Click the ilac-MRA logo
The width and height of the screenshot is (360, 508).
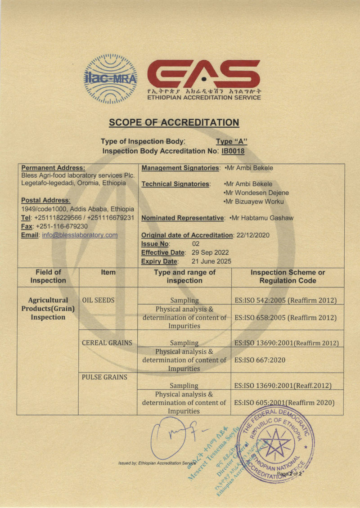click(x=111, y=79)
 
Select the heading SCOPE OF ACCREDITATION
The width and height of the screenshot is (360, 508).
click(x=174, y=122)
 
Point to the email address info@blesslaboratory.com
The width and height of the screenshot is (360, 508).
click(x=80, y=235)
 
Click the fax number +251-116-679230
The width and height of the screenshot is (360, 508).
click(x=63, y=226)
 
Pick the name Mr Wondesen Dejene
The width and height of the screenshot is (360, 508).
click(x=256, y=193)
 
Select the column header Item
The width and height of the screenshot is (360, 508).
click(x=108, y=272)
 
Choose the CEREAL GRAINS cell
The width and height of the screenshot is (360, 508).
click(x=107, y=342)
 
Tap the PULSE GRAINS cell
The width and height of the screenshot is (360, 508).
click(x=104, y=377)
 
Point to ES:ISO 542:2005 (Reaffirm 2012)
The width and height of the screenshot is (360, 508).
click(x=286, y=300)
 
